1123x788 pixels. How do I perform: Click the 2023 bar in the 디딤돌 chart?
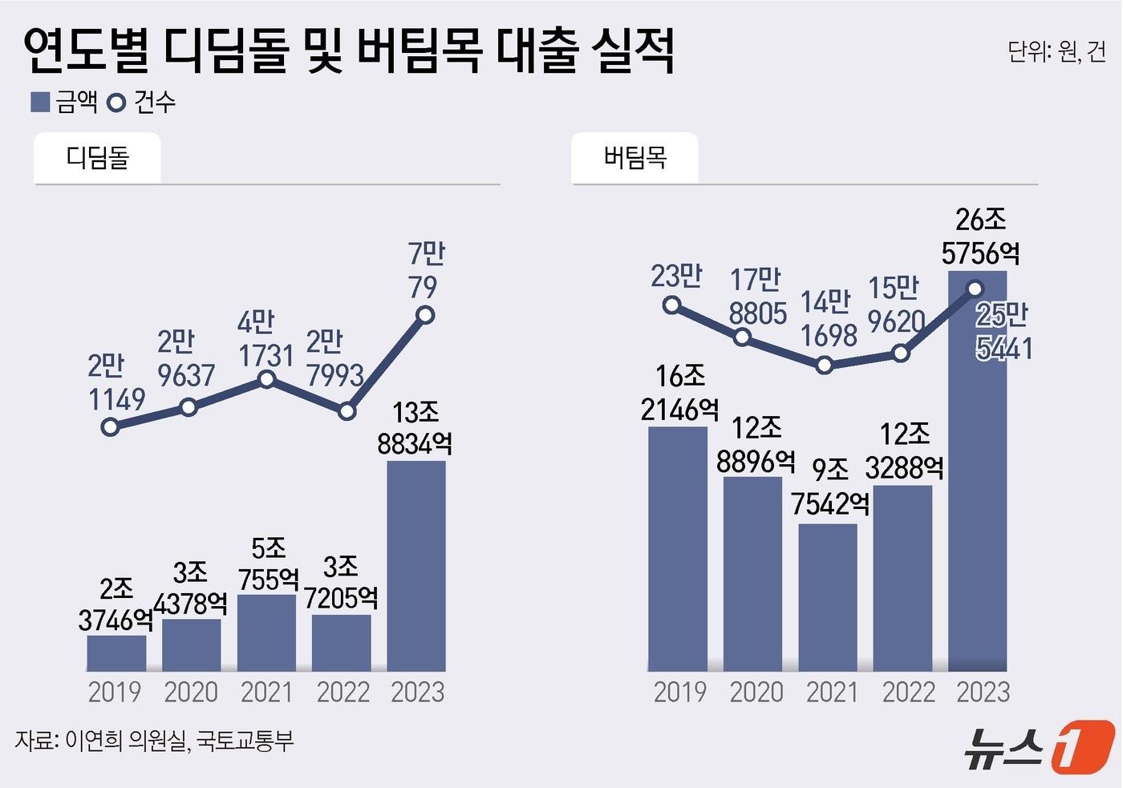point(416,565)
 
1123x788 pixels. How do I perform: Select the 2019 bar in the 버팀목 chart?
point(678,549)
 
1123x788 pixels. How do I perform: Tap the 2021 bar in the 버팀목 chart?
point(828,597)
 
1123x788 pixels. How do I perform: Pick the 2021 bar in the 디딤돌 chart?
point(266,632)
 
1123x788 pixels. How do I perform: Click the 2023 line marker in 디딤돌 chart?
point(425,315)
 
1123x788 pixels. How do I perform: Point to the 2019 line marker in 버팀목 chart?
point(672,305)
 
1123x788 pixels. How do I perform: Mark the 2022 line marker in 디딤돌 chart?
point(347,411)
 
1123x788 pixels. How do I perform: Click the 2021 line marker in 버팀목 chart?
point(824,366)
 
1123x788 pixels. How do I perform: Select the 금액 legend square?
point(40,102)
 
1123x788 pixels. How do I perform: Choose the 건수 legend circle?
point(116,103)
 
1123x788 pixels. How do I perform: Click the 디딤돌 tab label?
point(97,157)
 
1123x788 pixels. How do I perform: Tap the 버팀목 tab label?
point(634,157)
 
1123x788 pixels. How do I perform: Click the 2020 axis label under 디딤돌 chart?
point(191,692)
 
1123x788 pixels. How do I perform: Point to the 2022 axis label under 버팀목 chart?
point(908,692)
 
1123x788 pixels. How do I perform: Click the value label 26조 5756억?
point(980,236)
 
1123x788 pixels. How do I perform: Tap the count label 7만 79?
point(425,270)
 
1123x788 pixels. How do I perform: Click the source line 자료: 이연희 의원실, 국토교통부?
point(154,740)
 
